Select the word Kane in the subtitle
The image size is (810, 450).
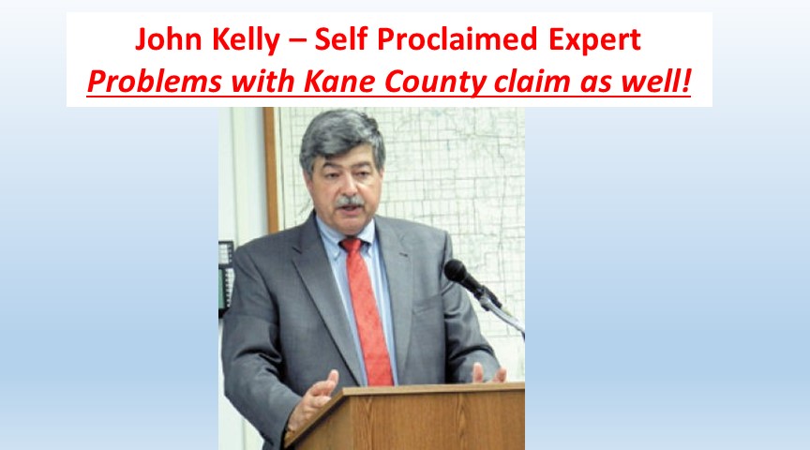[x=339, y=82]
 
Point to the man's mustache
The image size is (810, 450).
[x=350, y=202]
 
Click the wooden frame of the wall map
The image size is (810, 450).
[x=271, y=170]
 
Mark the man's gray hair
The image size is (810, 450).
[x=340, y=136]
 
